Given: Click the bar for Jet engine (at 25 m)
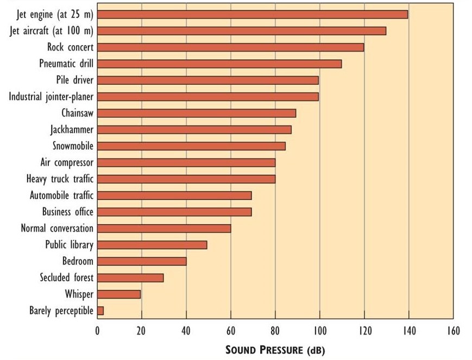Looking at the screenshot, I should [x=252, y=14].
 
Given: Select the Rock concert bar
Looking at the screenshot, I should [x=230, y=47].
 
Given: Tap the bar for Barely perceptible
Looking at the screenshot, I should [x=100, y=311].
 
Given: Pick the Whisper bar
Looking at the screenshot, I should [x=119, y=294].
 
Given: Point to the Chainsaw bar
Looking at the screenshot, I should [x=197, y=113].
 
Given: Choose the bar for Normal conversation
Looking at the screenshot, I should [x=164, y=228].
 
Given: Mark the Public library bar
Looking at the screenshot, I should [x=152, y=245].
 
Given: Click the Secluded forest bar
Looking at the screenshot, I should [x=130, y=277].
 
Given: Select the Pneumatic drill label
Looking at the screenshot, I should [x=66, y=64].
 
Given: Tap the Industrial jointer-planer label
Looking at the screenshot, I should [x=51, y=97].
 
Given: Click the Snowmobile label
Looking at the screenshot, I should [x=73, y=146].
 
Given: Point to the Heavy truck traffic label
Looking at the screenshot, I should [x=60, y=179].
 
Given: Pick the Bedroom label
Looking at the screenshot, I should [x=78, y=261].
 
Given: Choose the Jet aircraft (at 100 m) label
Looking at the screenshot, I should [x=52, y=30].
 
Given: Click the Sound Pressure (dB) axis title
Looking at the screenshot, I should [x=275, y=350].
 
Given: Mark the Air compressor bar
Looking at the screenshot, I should [x=186, y=162].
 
